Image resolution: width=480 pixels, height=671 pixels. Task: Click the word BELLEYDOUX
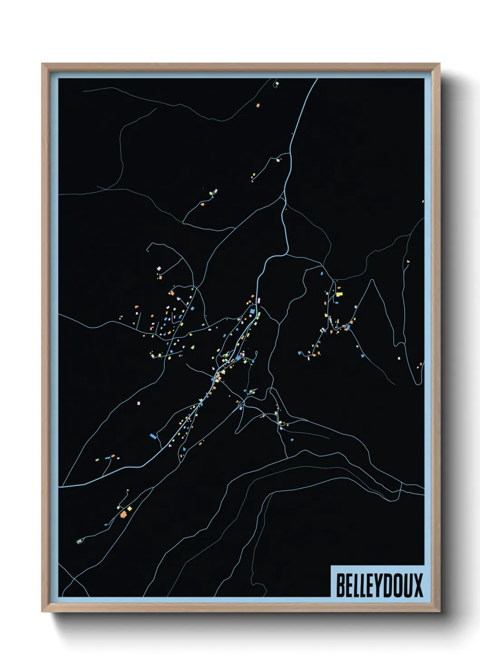pos(379,585)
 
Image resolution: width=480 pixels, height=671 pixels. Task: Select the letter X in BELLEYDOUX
pos(418,585)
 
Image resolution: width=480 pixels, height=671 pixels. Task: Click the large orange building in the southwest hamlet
pos(123,514)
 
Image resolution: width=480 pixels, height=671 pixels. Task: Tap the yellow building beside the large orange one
pos(129,509)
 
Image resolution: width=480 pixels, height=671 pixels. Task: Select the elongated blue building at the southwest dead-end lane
pos(153,436)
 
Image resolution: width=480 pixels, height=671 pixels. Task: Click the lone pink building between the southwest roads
pos(139,403)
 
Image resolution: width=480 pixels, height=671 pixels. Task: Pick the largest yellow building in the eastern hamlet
pos(339,294)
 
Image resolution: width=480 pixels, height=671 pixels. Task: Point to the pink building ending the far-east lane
pos(407,262)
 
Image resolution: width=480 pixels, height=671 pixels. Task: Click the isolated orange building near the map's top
pos(258,105)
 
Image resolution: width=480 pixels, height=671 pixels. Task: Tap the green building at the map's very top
pos(276,84)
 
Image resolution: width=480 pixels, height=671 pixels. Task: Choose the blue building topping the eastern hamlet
pos(322,273)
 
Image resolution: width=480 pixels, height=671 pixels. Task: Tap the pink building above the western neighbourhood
pos(158,269)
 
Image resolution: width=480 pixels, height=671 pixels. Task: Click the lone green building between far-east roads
pos(399,358)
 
